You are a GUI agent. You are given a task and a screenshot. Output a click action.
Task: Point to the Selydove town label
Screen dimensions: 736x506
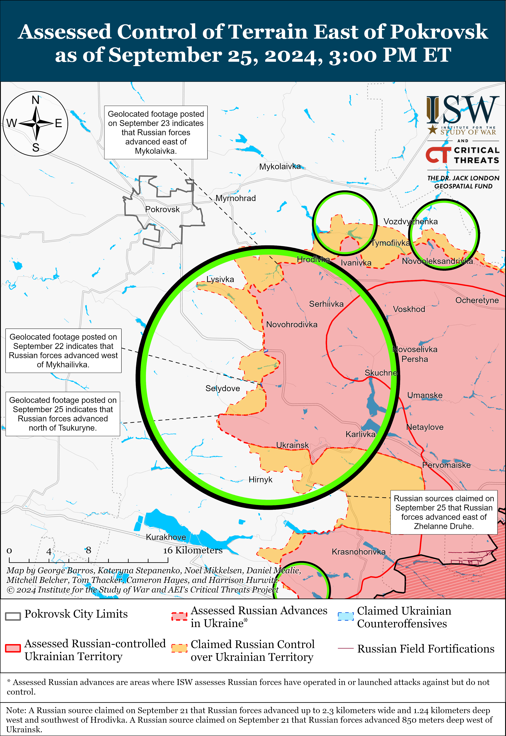pos(223,388)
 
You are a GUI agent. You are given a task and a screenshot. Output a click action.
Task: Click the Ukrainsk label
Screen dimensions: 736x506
pos(292,445)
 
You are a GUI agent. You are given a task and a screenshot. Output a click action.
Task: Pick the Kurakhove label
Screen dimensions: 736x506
pos(166,537)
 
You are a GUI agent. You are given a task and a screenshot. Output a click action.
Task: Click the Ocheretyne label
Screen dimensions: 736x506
pos(477,300)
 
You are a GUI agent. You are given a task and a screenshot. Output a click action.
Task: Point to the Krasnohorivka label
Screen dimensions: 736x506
pos(359,552)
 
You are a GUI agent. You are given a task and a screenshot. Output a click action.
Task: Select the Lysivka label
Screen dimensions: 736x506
pos(220,279)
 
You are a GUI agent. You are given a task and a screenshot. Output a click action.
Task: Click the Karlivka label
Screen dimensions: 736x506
pos(360,434)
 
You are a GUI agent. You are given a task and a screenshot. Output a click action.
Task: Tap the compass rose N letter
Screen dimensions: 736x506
pos(36,100)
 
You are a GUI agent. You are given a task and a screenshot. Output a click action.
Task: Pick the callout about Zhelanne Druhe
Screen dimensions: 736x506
pos(444,512)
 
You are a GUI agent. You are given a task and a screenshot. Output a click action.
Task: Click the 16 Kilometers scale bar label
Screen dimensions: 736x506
pos(193,550)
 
